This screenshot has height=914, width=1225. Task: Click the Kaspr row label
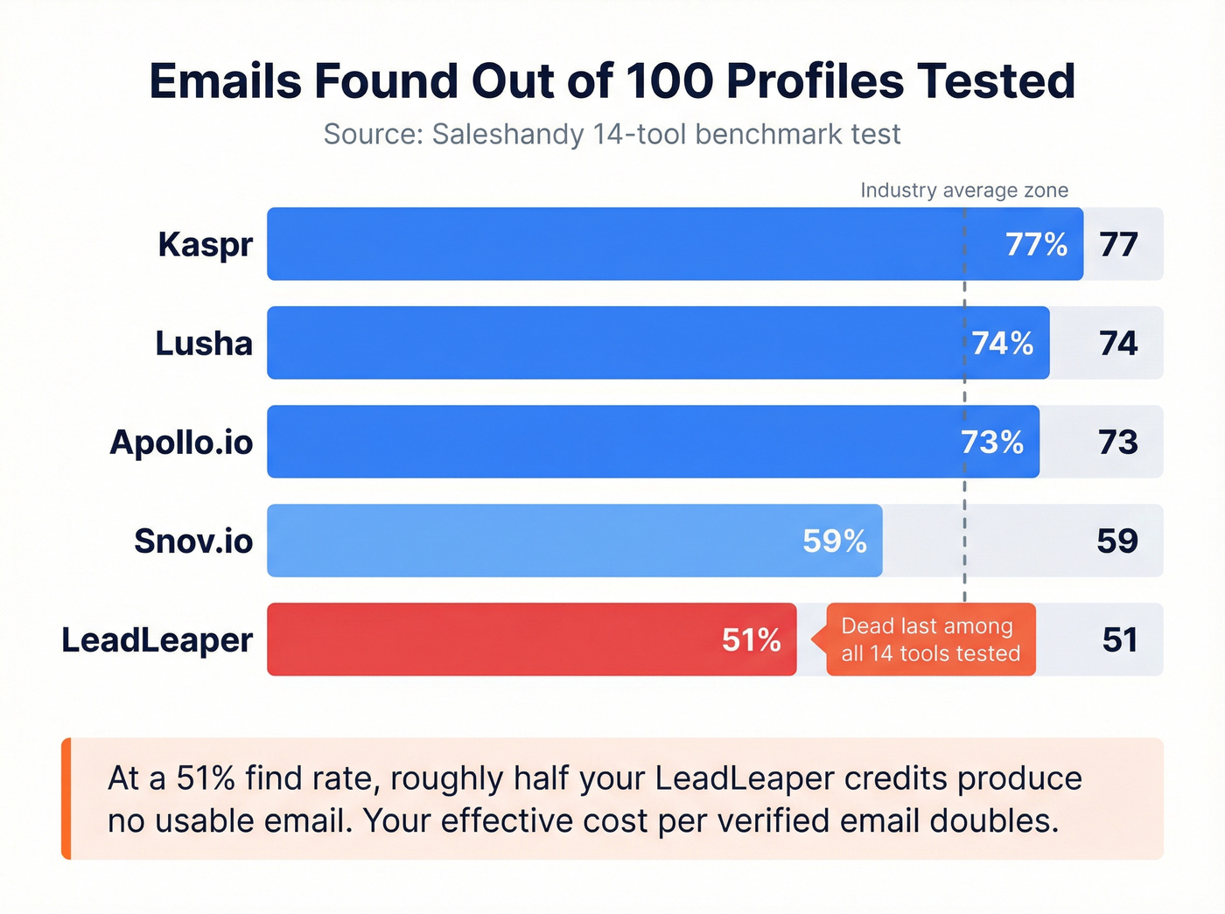(206, 245)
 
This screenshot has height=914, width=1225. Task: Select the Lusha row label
(204, 344)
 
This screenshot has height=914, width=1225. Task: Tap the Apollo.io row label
(181, 443)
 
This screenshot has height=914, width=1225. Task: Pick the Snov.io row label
(193, 541)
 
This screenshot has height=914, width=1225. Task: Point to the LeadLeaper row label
(157, 640)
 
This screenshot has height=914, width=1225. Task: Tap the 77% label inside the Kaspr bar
(1036, 245)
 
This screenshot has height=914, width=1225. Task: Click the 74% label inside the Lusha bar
(1003, 344)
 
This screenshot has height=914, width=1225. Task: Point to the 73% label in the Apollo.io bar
(992, 443)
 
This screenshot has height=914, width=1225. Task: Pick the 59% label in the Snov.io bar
(835, 541)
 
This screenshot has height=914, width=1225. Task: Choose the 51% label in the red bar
(752, 640)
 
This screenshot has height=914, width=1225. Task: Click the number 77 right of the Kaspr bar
(1119, 245)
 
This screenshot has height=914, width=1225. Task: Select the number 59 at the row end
(1118, 541)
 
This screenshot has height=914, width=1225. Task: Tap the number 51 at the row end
(1120, 640)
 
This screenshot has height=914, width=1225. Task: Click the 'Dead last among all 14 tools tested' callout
(930, 639)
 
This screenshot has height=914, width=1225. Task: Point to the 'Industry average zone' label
(964, 191)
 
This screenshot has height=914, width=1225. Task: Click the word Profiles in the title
(815, 81)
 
